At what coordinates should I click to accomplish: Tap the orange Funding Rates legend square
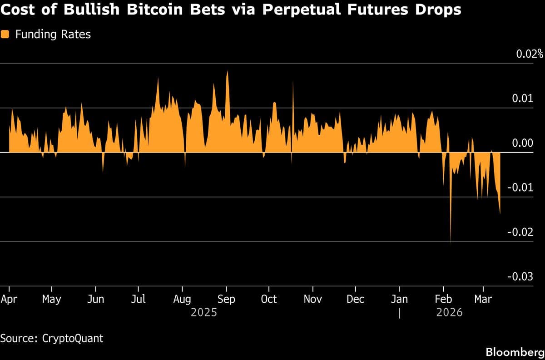pos(5,35)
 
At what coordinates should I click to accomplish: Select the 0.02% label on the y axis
pos(529,54)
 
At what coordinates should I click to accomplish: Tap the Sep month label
pos(226,299)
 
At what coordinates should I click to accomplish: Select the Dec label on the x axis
pos(356,299)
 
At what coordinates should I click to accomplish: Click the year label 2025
pos(204,312)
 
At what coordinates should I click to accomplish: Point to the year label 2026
pos(449,312)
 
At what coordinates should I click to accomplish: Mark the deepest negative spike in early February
pos(451,242)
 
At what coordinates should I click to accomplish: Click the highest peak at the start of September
pos(227,72)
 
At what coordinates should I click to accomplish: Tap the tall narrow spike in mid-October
pos(293,83)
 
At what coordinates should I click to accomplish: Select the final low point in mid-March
pos(500,213)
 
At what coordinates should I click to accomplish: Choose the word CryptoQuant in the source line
pos(72,338)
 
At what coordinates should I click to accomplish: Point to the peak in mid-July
pos(158,79)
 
